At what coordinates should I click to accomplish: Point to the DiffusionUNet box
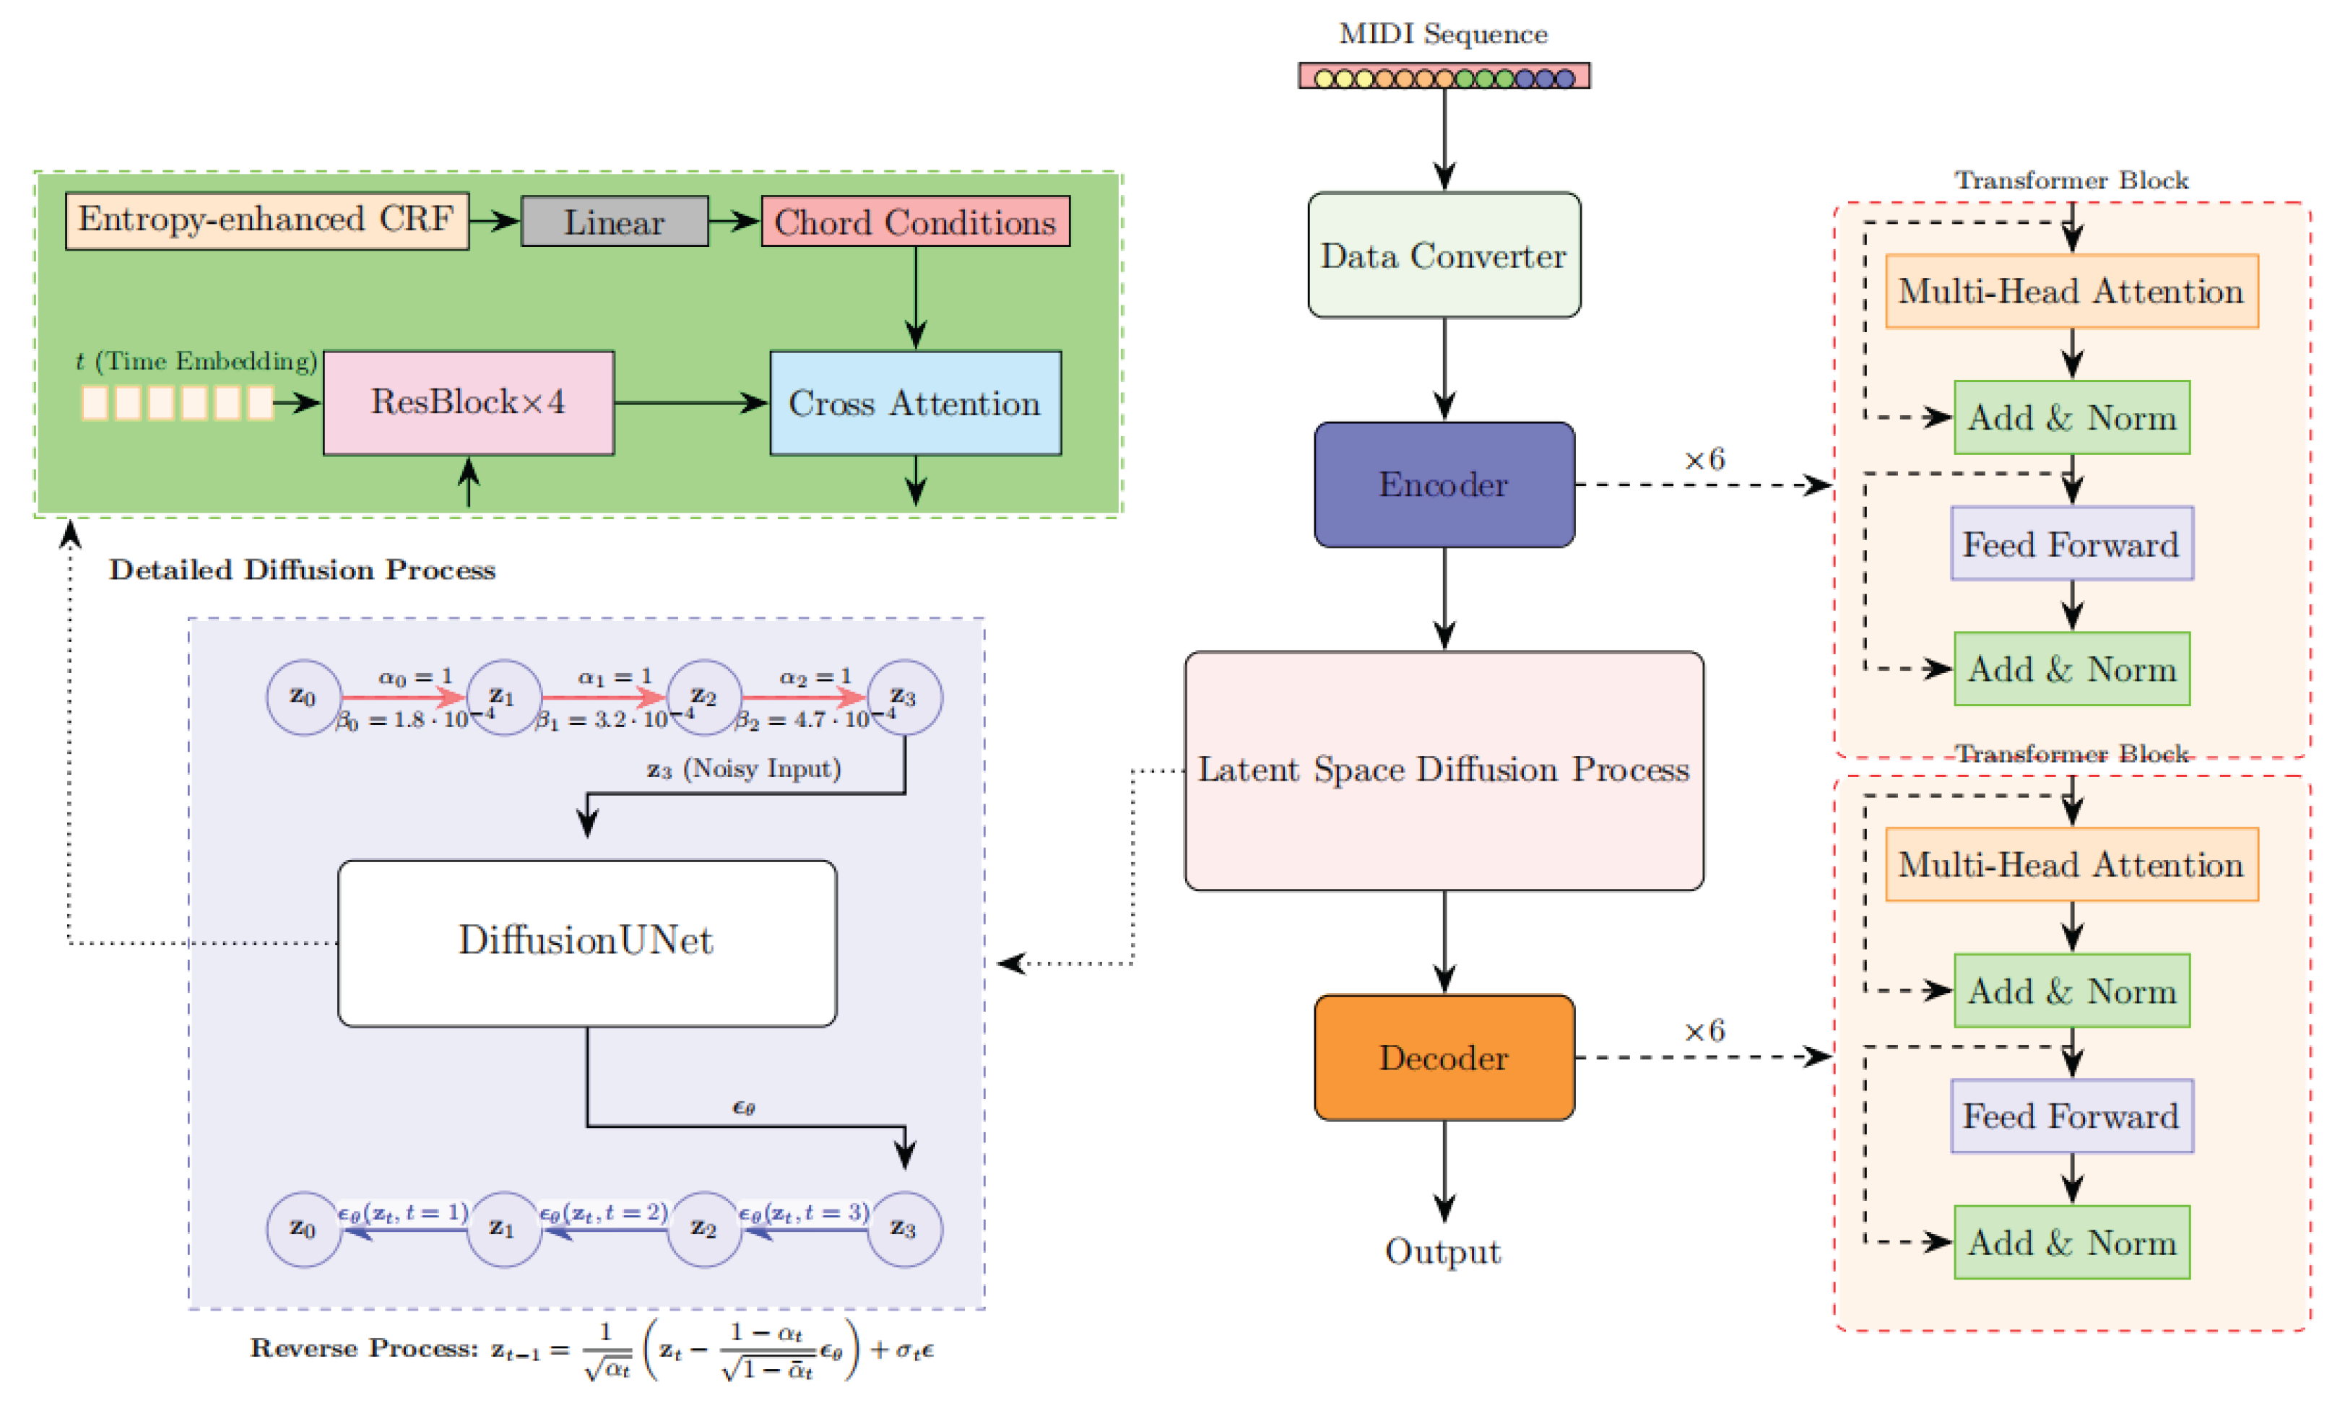pos(586,942)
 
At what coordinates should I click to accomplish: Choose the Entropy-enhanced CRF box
pos(266,220)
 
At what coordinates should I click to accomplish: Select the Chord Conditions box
pos(914,222)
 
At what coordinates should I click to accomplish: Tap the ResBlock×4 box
pos(468,403)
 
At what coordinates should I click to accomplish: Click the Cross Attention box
pos(914,404)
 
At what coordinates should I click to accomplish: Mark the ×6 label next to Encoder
pos(1704,461)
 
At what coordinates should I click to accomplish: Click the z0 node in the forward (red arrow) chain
pos(303,697)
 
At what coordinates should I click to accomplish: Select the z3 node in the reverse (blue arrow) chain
pos(903,1228)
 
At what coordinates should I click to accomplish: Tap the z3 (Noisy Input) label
pos(743,768)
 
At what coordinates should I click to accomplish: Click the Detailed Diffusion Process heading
pos(302,570)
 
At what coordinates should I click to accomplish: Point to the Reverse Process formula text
pos(591,1349)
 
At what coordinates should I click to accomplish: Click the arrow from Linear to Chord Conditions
pos(734,221)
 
